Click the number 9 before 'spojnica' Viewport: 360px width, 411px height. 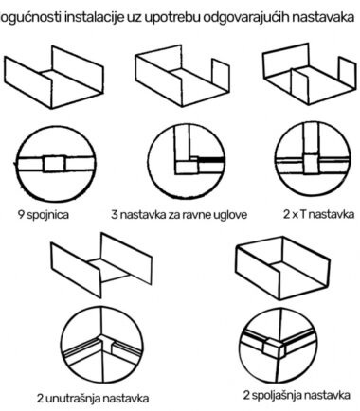21,215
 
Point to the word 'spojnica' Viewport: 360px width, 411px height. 47,215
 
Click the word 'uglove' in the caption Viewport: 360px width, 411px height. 230,215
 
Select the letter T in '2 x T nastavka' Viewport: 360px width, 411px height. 302,214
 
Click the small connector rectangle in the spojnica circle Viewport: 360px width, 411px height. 54,164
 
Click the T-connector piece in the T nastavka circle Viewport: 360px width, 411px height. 311,164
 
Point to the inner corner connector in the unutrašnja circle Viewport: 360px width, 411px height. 106,344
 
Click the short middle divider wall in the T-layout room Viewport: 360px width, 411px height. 299,84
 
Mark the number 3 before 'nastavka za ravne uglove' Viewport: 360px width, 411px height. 115,215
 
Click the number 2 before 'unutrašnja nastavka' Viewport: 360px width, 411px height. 40,399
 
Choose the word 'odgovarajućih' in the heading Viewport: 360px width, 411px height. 246,18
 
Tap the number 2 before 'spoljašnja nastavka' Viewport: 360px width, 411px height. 246,395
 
